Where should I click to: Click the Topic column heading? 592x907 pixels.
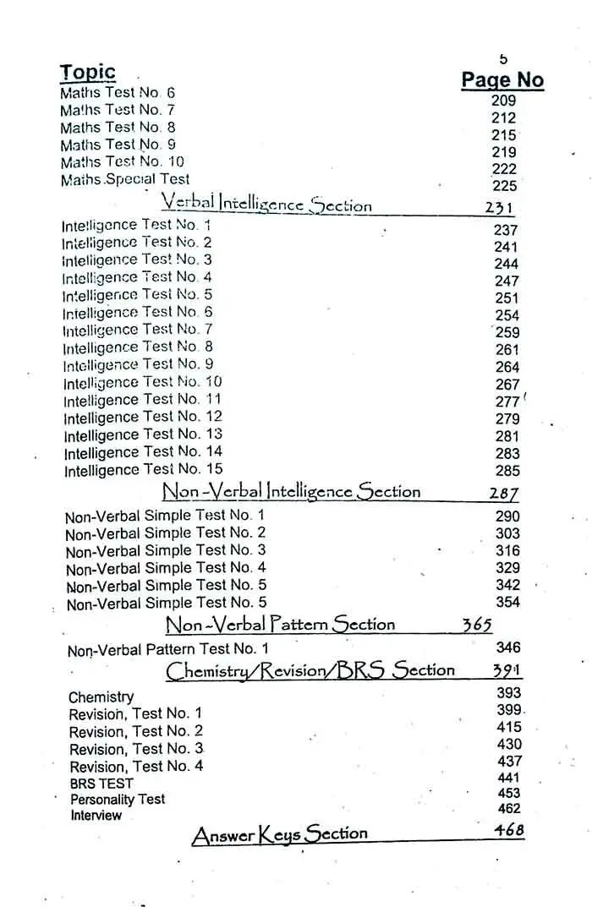coord(87,72)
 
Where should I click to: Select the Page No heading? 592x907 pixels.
coord(502,80)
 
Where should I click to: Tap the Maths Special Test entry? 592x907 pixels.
coord(125,179)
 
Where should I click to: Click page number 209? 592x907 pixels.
coord(503,101)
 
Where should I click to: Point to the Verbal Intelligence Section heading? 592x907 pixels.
coord(266,204)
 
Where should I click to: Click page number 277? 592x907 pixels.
coord(507,402)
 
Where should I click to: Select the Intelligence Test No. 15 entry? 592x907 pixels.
coord(144,469)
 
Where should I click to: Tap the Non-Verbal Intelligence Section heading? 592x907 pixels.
coord(291,491)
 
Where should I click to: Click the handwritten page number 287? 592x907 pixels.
coord(504,494)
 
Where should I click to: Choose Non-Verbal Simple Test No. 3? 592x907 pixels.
coord(166,550)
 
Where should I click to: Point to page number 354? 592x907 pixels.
coord(508,602)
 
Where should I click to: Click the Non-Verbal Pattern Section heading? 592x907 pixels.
coord(280,625)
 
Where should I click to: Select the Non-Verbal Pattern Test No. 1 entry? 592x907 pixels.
coord(167,649)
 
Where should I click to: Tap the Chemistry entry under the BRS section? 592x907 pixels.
coord(101,697)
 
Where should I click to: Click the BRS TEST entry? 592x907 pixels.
coord(101,783)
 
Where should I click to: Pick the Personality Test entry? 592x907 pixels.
coord(118,799)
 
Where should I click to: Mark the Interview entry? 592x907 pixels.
coord(96,815)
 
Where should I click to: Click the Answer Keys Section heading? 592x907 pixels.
coord(280,835)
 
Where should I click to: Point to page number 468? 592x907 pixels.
coord(509,830)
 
